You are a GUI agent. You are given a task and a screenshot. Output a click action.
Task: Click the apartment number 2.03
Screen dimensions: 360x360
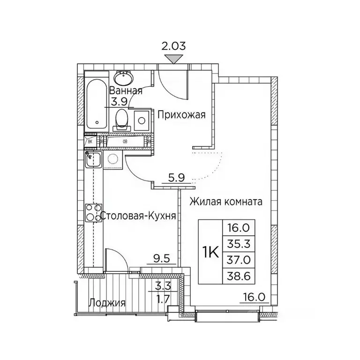pos(174,46)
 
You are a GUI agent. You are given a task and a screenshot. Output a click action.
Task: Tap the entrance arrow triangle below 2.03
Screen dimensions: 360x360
pos(174,59)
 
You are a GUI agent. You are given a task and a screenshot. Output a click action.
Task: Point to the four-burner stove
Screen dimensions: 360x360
pos(92,214)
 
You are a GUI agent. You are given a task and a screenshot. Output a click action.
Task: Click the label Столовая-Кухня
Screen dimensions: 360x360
pos(138,216)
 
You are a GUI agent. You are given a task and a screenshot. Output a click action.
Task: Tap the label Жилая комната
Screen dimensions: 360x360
pos(225,202)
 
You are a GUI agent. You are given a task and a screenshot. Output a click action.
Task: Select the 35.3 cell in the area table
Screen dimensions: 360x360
pos(239,244)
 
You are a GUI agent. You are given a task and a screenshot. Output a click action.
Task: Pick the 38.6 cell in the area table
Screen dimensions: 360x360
pos(239,276)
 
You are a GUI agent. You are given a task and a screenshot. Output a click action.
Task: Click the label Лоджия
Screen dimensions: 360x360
pos(107,303)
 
